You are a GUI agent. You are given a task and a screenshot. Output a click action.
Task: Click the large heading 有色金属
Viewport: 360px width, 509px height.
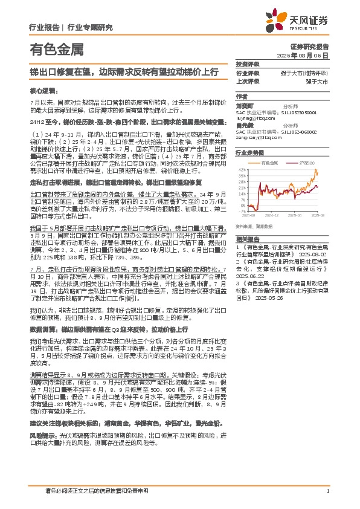coord(57,49)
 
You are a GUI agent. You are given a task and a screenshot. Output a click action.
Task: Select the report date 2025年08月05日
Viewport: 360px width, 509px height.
coord(308,55)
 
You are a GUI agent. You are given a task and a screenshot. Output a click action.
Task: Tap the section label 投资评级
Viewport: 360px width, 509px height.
coord(247,64)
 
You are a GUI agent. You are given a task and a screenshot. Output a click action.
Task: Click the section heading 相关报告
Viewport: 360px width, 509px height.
coord(247,256)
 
